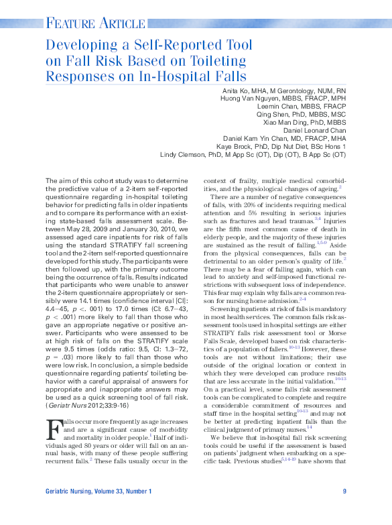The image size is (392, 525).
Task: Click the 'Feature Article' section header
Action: point(88,25)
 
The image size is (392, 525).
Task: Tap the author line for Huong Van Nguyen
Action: point(283,99)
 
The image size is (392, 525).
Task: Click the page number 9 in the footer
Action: point(344,492)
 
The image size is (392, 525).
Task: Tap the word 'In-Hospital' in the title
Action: point(210,76)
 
